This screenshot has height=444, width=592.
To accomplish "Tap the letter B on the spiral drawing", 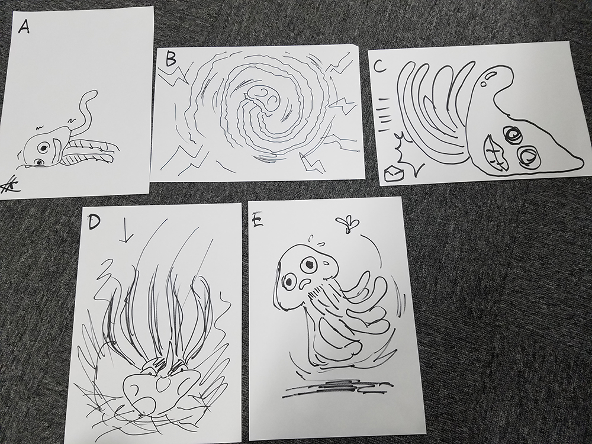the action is [x=172, y=60].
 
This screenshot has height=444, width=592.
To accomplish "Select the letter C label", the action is [x=379, y=66].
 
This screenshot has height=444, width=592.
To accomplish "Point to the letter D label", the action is [x=94, y=222].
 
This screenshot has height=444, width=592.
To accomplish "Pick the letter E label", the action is [x=258, y=221].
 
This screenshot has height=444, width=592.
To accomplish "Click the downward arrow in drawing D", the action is [x=126, y=231].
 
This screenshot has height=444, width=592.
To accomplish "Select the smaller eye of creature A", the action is [x=39, y=162].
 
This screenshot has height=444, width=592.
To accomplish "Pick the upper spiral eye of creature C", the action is [x=513, y=134].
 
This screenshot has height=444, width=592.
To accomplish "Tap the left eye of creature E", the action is [x=291, y=281].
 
